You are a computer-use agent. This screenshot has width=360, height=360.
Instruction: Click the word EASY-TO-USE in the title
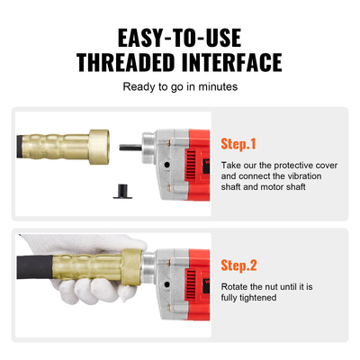point(179,37)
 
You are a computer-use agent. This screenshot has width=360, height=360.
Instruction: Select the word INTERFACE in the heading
point(232,62)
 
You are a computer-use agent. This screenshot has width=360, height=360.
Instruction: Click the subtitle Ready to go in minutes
point(179,88)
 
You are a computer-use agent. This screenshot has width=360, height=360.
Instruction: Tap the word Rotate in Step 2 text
point(238,288)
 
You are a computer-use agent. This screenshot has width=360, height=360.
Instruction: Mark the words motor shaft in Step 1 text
point(284,189)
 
